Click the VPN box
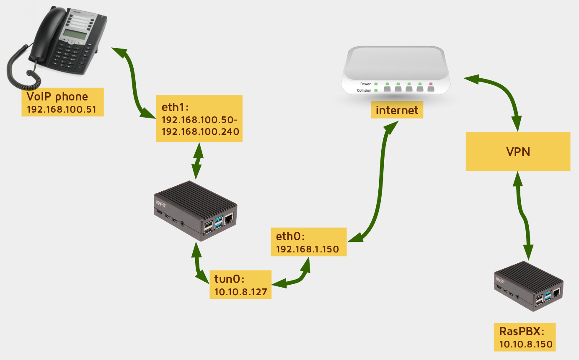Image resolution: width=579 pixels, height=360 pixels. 518,152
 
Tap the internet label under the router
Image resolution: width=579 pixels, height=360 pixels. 397,111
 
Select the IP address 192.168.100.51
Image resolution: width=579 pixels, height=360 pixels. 62,110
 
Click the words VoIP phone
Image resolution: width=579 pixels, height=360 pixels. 57,97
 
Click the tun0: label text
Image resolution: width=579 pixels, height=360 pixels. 229,279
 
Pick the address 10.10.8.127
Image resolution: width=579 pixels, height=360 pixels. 240,292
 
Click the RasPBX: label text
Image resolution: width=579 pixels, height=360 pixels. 521,332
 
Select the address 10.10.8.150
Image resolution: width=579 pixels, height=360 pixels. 526,345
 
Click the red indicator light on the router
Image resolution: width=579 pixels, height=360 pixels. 431,84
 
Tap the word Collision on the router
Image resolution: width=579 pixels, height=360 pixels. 364,90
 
